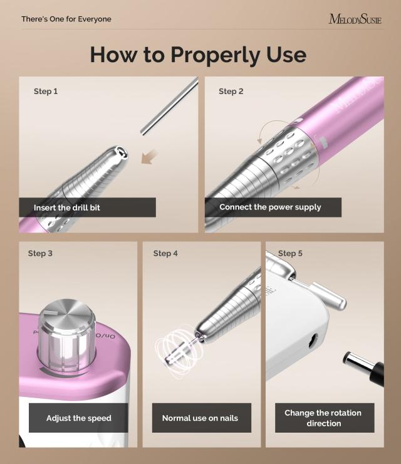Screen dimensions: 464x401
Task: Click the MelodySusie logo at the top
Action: coord(355,19)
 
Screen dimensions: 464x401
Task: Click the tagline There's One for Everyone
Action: coord(66,19)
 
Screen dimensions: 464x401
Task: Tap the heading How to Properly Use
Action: coord(198,55)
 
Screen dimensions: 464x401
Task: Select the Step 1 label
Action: coord(46,92)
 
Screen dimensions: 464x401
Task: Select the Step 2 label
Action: coord(231,92)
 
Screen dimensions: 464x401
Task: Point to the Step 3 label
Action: coord(40,253)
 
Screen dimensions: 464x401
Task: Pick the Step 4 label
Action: coord(165,253)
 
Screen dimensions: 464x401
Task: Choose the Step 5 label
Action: coord(290,253)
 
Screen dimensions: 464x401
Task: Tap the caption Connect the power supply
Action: coord(270,208)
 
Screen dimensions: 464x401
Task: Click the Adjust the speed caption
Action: coord(78,418)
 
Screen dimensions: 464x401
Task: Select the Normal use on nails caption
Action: coord(200,418)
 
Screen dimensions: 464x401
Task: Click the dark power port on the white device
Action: coord(311,342)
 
